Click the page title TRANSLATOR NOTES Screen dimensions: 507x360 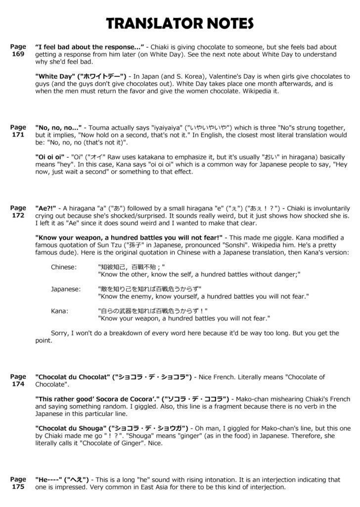click(180, 23)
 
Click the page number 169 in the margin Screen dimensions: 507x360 click(18, 54)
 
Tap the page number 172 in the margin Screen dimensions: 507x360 click(18, 216)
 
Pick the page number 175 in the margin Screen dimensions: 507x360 click(18, 486)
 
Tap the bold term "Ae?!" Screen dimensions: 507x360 click(45, 208)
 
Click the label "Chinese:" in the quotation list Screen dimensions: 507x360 click(64, 267)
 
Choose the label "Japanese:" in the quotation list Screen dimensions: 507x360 click(66, 289)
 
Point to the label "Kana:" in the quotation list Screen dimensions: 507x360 click(59, 311)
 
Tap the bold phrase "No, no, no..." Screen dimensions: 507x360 click(58, 128)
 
